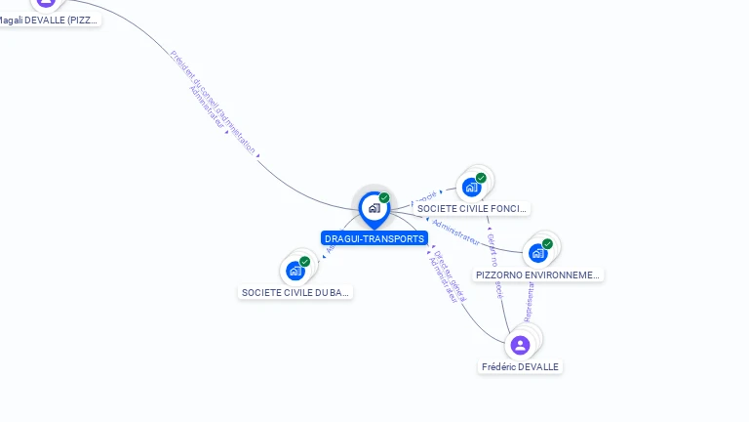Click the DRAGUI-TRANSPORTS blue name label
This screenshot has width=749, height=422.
[374, 238]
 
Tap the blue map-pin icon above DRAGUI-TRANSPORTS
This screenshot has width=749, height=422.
[374, 208]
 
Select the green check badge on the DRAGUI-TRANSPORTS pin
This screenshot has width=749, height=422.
[384, 198]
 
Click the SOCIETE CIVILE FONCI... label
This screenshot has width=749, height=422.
[472, 208]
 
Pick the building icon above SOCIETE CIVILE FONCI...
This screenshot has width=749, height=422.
[472, 187]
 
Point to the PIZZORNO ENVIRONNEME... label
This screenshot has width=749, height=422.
[537, 275]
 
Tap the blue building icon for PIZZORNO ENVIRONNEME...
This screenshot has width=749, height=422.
[537, 253]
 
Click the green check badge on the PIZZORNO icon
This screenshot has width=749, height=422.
[547, 243]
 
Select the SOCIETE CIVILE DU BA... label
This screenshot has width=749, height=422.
[295, 292]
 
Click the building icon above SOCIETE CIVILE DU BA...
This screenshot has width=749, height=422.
[295, 271]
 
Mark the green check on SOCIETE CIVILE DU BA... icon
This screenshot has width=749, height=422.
[304, 262]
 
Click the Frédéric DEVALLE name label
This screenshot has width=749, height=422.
[521, 366]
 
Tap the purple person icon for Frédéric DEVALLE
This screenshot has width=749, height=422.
[521, 345]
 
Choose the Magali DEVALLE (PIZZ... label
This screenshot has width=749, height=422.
[49, 20]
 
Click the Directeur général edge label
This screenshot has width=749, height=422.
[450, 268]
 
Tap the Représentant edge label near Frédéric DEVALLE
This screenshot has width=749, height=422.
[530, 303]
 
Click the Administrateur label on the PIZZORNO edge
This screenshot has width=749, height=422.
[455, 232]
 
